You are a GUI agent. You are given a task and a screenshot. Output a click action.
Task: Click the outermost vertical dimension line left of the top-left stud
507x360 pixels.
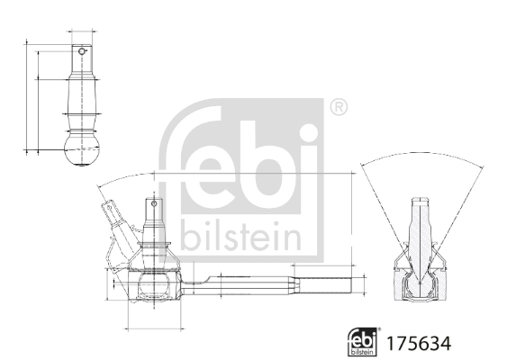pyautogui.click(x=26, y=94)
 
